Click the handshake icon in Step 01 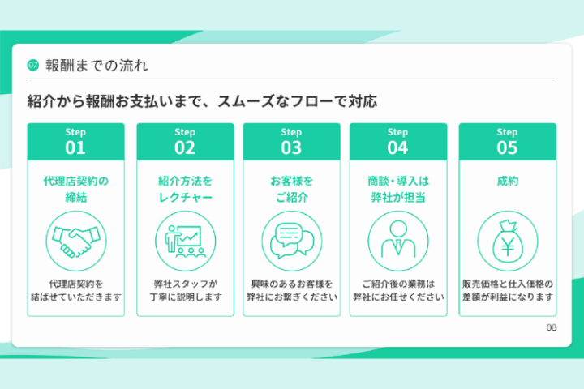[x=75, y=237]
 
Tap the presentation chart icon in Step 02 [x=184, y=237]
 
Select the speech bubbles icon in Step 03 [x=291, y=237]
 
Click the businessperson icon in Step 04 [x=397, y=237]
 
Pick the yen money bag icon [x=507, y=237]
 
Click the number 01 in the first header [x=75, y=147]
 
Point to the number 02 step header [x=184, y=147]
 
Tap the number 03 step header [x=291, y=147]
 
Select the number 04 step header [x=397, y=147]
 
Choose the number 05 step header [x=507, y=147]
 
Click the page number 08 [x=552, y=327]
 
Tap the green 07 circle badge [x=33, y=65]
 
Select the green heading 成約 [x=507, y=182]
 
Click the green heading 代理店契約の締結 [x=75, y=189]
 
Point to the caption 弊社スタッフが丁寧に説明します [x=184, y=290]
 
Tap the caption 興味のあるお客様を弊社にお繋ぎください [x=291, y=290]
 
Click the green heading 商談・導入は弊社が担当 [x=397, y=189]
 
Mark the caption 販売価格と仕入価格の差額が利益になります [x=507, y=290]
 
